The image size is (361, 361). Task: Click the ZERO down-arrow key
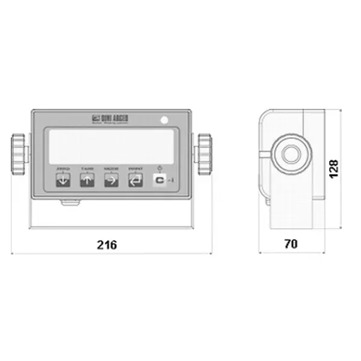[63, 179]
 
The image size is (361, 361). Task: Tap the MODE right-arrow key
[111, 179]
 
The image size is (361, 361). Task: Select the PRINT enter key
[135, 179]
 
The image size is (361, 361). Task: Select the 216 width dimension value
[107, 245]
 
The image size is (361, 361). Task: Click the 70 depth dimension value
[291, 244]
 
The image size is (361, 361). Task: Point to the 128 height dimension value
[334, 168]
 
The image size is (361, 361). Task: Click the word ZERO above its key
[63, 170]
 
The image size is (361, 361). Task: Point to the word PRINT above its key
[135, 170]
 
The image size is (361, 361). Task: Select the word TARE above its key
[87, 170]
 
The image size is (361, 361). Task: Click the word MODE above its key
[111, 170]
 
